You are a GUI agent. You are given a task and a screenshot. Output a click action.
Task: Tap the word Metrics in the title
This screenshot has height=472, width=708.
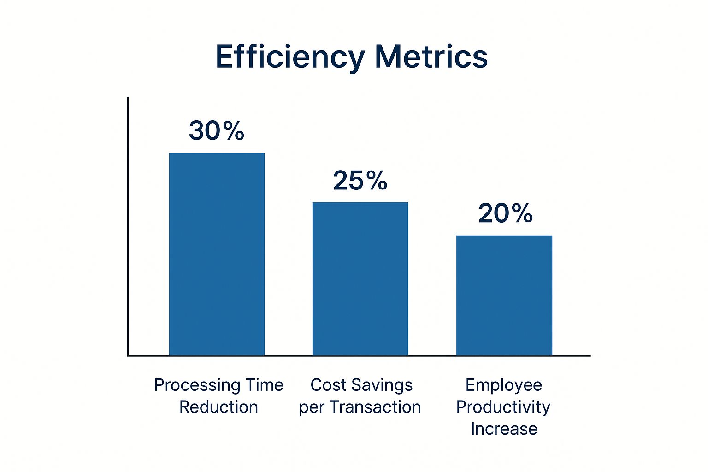(x=431, y=57)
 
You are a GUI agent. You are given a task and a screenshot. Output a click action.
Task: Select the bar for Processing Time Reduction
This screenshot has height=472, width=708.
(x=217, y=254)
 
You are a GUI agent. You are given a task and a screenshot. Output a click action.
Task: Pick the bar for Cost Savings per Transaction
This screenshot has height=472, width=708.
(x=360, y=279)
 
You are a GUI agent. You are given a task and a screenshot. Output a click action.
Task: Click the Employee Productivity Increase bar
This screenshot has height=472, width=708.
(x=504, y=295)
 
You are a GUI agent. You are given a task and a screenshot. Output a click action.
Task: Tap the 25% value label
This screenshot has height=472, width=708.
(x=360, y=180)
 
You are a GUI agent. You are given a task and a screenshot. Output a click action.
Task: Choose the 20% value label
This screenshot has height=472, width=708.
(x=505, y=213)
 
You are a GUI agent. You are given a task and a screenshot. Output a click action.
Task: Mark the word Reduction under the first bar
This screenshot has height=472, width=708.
(x=218, y=407)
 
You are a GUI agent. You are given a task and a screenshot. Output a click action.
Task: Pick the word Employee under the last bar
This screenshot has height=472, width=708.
(x=503, y=385)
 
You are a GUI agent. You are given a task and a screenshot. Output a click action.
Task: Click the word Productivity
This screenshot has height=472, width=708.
(x=503, y=407)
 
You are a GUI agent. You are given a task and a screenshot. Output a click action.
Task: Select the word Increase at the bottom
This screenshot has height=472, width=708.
(x=504, y=429)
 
